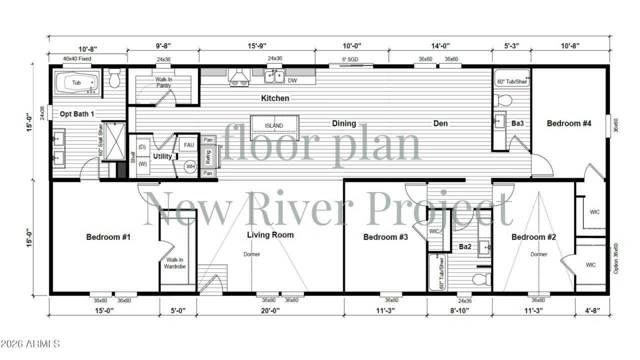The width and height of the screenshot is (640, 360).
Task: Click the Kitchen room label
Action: [x=275, y=98]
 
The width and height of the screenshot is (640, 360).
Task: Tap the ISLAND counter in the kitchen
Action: [x=274, y=125]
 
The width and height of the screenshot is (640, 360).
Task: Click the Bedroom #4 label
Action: [x=569, y=123]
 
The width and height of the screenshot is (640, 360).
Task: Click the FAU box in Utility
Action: [x=188, y=145]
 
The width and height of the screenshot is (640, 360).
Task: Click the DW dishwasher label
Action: [x=293, y=80]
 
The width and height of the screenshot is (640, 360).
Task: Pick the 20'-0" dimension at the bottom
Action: [x=270, y=310]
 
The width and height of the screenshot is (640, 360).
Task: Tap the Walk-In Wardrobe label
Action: [x=175, y=263]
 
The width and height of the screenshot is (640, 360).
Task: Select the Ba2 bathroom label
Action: [x=465, y=246]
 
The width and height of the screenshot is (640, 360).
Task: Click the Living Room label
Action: [x=270, y=234]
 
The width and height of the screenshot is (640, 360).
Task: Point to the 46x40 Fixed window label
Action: [x=77, y=59]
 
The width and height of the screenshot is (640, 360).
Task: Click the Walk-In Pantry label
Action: [x=163, y=82]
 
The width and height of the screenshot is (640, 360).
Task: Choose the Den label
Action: [x=440, y=123]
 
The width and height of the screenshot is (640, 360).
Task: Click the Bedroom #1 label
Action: [x=108, y=236]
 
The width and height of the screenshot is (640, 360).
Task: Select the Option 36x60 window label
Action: [x=615, y=258]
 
